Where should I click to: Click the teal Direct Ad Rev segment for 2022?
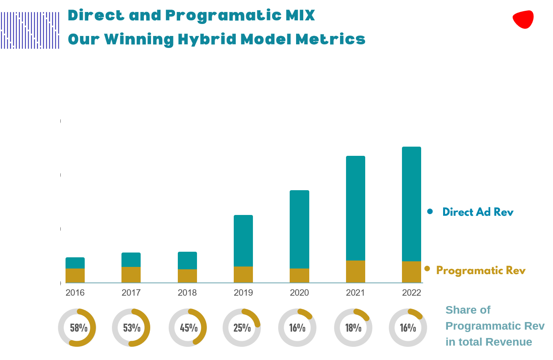tap(411, 204)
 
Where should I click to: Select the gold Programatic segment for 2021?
tap(355, 271)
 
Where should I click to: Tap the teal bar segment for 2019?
tap(243, 241)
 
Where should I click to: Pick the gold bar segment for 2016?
tap(75, 275)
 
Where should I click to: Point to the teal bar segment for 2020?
tap(299, 229)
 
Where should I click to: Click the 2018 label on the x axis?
tap(187, 293)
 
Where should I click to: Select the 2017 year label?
tap(131, 293)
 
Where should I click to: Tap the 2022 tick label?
tap(411, 293)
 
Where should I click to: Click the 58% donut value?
tap(78, 328)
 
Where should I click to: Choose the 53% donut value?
tap(131, 328)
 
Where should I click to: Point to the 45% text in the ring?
tap(189, 328)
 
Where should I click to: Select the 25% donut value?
tap(242, 328)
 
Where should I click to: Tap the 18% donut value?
tap(353, 328)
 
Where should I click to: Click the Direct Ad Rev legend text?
tap(477, 212)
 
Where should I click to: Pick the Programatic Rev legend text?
tap(480, 270)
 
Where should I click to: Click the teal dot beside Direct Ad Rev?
tap(430, 211)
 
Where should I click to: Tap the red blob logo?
tap(523, 19)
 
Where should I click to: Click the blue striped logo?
tap(30, 30)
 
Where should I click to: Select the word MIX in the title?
tap(300, 16)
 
